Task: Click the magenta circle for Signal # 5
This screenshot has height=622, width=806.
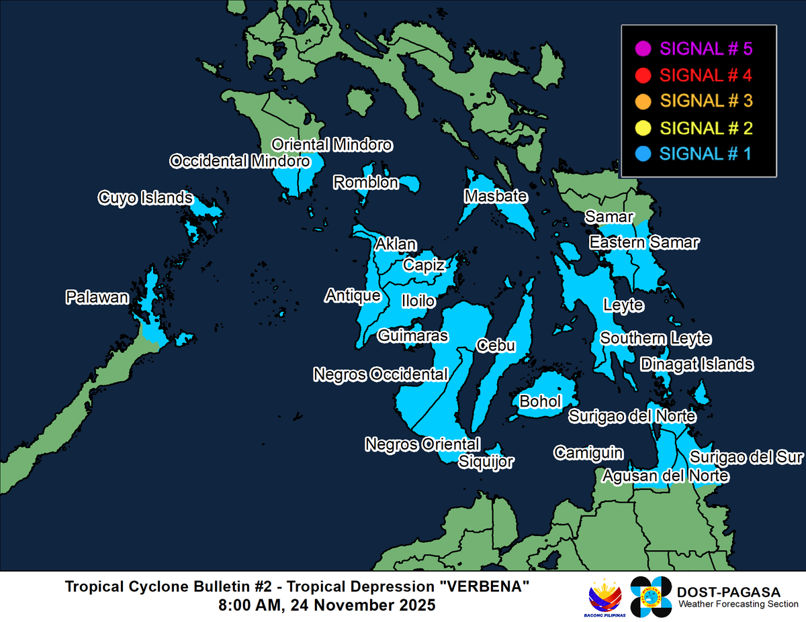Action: click(642, 48)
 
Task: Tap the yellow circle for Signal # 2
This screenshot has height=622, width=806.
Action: click(642, 127)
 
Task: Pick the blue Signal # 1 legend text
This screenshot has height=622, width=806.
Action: click(705, 154)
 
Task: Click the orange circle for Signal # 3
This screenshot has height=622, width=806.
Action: click(642, 101)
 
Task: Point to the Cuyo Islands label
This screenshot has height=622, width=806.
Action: click(146, 198)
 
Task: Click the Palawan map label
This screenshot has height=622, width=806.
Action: click(97, 297)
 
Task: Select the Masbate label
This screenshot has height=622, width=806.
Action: click(496, 197)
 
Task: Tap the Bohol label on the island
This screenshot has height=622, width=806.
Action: click(541, 401)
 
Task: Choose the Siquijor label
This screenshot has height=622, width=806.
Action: click(486, 461)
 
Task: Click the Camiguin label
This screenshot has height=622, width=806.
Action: click(588, 453)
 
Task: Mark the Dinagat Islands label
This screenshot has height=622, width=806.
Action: click(697, 364)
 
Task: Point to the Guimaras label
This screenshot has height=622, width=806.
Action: click(412, 335)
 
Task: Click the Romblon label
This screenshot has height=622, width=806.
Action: click(366, 183)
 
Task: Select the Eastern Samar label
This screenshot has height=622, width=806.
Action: click(644, 242)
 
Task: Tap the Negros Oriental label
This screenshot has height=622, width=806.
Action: click(422, 444)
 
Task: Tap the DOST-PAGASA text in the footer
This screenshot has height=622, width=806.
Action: click(729, 592)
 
